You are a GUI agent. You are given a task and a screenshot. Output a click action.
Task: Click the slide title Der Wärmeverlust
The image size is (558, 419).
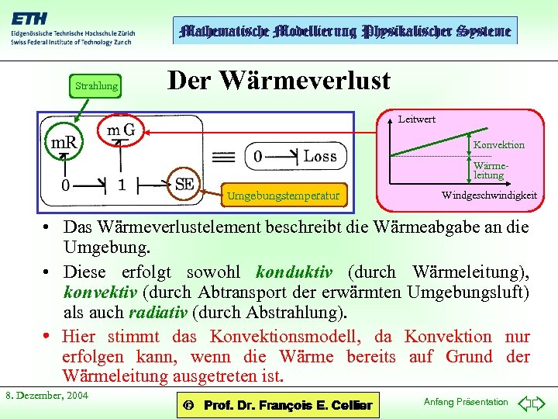(279, 79)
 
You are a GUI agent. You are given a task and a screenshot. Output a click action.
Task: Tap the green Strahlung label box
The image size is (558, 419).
(96, 85)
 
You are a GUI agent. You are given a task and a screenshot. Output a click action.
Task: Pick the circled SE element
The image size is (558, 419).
(184, 184)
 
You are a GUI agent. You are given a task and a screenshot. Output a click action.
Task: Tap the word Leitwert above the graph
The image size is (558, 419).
(416, 119)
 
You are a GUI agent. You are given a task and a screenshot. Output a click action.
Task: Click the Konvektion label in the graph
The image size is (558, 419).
(498, 144)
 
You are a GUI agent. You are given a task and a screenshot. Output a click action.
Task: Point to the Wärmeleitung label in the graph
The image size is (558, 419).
(489, 170)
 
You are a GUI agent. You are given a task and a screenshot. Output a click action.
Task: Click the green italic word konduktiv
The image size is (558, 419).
(294, 272)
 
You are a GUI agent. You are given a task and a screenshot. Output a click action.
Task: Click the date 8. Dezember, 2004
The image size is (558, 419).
(46, 395)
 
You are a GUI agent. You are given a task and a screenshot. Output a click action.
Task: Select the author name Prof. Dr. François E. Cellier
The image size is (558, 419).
(287, 405)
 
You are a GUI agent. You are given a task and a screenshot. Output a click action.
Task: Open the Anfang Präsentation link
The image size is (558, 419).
(465, 401)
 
